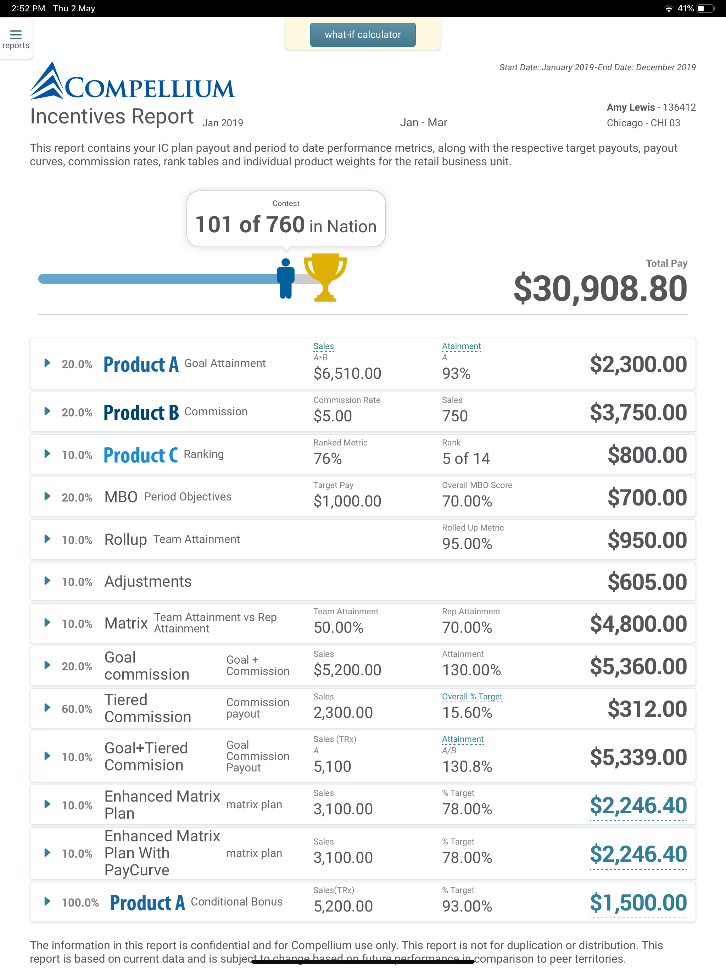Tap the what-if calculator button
[363, 35]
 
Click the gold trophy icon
[325, 277]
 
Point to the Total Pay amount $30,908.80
[600, 289]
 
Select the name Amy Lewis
[631, 107]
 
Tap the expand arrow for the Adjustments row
[47, 581]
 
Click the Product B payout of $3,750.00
[638, 412]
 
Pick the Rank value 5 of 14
[466, 459]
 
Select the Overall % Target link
[472, 697]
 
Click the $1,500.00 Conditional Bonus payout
[638, 902]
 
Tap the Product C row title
[141, 455]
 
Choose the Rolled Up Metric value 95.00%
[467, 544]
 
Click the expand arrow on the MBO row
[47, 496]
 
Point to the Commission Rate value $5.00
[333, 416]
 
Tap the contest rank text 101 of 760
[250, 225]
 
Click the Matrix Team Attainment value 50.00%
[339, 628]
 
